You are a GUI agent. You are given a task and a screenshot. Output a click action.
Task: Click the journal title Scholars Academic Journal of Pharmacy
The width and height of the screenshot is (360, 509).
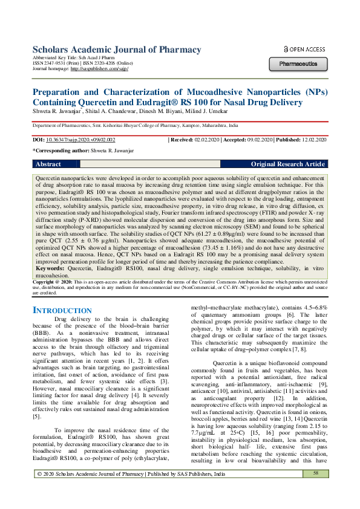point(108,50)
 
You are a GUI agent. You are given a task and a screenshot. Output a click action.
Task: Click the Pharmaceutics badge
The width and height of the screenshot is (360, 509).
point(298,63)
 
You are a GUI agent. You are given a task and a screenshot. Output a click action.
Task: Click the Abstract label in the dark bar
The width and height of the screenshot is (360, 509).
point(48,164)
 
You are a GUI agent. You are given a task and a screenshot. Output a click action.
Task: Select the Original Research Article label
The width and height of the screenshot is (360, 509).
point(288,164)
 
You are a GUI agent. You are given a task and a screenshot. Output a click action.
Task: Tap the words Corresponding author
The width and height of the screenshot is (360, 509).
point(54,151)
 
